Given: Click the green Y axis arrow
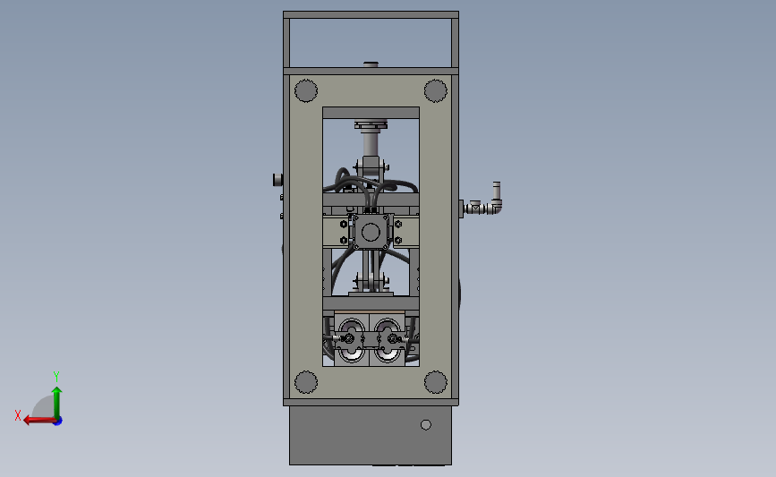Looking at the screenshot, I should click(56, 400).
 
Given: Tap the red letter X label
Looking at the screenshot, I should click(18, 415).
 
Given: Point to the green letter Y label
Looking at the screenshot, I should click(56, 376).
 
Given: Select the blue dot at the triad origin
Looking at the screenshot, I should click(57, 421).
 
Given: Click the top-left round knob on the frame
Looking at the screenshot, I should click(306, 90).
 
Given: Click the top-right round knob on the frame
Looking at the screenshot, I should click(435, 90).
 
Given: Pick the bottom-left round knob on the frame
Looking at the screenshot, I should click(306, 382).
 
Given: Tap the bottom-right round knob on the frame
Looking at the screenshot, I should click(435, 382).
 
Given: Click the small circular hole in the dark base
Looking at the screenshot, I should click(426, 424).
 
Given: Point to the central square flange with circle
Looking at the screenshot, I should click(371, 232).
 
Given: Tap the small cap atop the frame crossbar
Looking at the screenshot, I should click(371, 64).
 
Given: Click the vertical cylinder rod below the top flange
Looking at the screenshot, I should click(371, 144).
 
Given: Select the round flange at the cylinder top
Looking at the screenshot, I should click(371, 124).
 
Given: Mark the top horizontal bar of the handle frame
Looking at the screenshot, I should click(371, 15).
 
